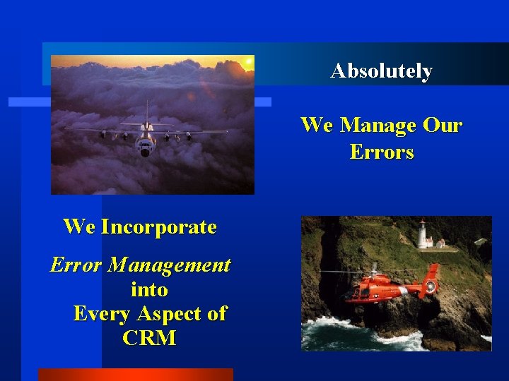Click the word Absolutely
click(381, 71)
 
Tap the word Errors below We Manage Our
click(382, 152)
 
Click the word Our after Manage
click(443, 126)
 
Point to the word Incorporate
click(158, 227)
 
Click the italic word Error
click(76, 265)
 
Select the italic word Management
click(169, 266)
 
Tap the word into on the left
click(149, 290)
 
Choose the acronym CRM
click(149, 338)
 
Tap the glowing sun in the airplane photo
click(247, 62)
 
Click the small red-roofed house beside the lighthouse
click(439, 243)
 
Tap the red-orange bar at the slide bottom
click(135, 375)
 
